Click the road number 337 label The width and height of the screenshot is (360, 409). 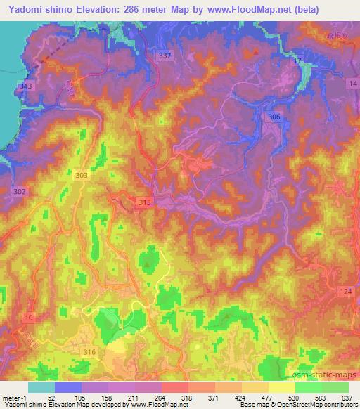(x=165, y=56)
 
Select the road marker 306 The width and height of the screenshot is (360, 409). (x=274, y=117)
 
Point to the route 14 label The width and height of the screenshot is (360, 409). (x=352, y=84)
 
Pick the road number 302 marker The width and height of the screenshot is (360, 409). (x=19, y=190)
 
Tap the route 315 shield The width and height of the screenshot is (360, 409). (x=144, y=202)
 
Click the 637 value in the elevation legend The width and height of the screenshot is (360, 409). (x=344, y=398)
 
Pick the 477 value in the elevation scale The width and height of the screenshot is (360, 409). (x=266, y=398)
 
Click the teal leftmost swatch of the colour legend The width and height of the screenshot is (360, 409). (x=41, y=387)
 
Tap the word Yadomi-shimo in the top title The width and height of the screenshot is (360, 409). (x=34, y=10)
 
